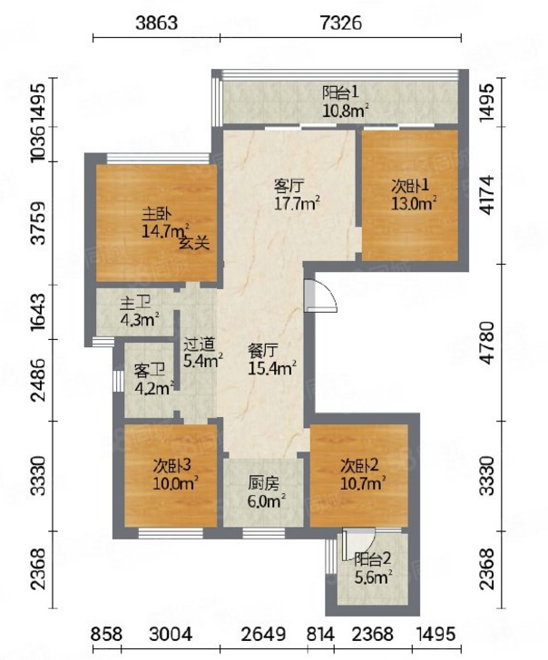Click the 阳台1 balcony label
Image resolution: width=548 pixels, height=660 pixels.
pos(340,92)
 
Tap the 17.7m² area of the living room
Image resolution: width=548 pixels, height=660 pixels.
pos(298,204)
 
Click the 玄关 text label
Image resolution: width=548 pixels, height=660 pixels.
pos(194,243)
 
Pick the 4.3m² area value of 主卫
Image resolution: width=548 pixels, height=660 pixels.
pos(140,320)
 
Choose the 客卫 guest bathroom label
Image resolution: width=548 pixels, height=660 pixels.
pos(149,371)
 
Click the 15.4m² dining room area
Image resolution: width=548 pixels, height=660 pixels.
pos(272,368)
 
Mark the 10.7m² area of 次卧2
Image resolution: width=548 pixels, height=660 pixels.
pos(363,483)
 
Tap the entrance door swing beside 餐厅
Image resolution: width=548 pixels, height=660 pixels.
pos(321,296)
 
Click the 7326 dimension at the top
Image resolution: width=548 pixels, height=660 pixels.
pos(341,23)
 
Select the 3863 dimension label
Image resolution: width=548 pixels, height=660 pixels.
pos(156,23)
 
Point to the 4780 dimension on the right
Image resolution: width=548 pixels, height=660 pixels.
pos(487,343)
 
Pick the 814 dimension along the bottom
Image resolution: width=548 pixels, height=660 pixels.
pos(320,635)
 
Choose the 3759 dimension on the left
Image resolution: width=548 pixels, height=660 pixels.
pos(39,223)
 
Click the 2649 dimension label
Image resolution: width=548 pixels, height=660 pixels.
pos(263,635)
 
